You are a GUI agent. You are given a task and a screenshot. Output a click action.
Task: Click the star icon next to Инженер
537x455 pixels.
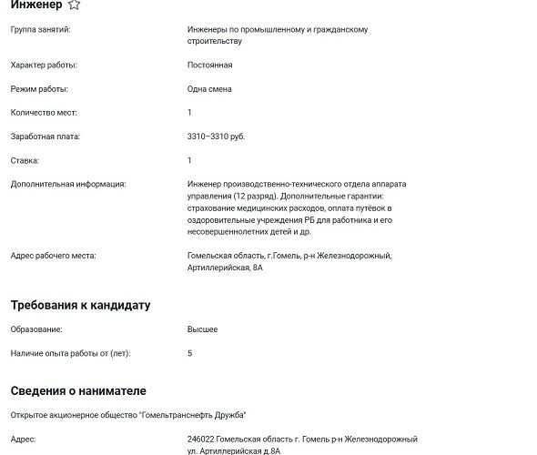tap(74, 5)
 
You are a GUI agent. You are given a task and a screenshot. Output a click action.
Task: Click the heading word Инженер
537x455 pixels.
tap(35, 5)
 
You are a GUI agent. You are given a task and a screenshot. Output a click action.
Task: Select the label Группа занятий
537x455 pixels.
tap(40, 30)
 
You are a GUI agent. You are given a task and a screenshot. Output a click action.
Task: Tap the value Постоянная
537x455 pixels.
tap(209, 66)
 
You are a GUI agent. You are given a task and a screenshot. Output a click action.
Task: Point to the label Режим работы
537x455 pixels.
tap(39, 89)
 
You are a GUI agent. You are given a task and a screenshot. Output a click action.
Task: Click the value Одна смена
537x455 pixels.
tap(209, 89)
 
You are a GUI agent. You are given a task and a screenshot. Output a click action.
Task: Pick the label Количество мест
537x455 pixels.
tap(44, 113)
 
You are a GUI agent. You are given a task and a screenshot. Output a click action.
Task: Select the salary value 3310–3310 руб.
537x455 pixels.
tap(216, 136)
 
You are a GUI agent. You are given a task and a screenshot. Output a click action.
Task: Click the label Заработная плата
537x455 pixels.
tap(46, 136)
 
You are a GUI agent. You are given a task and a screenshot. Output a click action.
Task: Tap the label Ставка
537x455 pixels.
tap(25, 160)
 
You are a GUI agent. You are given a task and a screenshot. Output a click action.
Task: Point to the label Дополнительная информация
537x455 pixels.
tap(68, 184)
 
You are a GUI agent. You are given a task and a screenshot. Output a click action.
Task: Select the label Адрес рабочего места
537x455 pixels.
tap(53, 256)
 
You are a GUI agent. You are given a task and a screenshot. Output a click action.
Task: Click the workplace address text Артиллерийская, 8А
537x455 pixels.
tap(225, 268)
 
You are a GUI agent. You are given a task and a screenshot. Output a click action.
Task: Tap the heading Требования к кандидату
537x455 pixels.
tap(80, 305)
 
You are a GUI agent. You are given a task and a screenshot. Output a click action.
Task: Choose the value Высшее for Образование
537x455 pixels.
tap(202, 329)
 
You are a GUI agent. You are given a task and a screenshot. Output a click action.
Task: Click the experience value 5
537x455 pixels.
tap(189, 353)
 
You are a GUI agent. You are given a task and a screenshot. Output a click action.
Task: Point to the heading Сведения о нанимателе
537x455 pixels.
tap(78, 390)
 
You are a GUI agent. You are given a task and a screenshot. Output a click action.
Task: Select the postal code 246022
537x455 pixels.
tap(202, 440)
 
